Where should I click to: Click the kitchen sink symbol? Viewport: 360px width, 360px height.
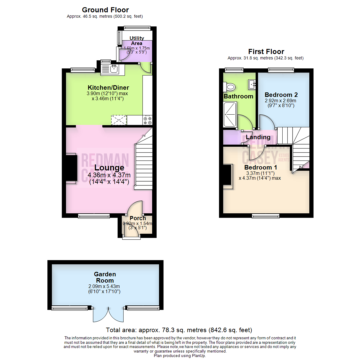112,69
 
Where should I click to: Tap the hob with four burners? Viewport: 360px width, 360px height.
148,120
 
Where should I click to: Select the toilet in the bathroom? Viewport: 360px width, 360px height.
230,87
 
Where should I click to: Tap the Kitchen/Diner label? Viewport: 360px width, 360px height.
103,87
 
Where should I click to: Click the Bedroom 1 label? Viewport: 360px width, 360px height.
260,167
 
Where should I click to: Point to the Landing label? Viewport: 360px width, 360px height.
258,137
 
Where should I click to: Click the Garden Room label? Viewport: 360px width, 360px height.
105,277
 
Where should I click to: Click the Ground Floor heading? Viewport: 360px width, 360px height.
105,10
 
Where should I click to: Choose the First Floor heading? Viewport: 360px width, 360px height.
266,52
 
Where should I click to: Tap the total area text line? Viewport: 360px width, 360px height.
179,330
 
